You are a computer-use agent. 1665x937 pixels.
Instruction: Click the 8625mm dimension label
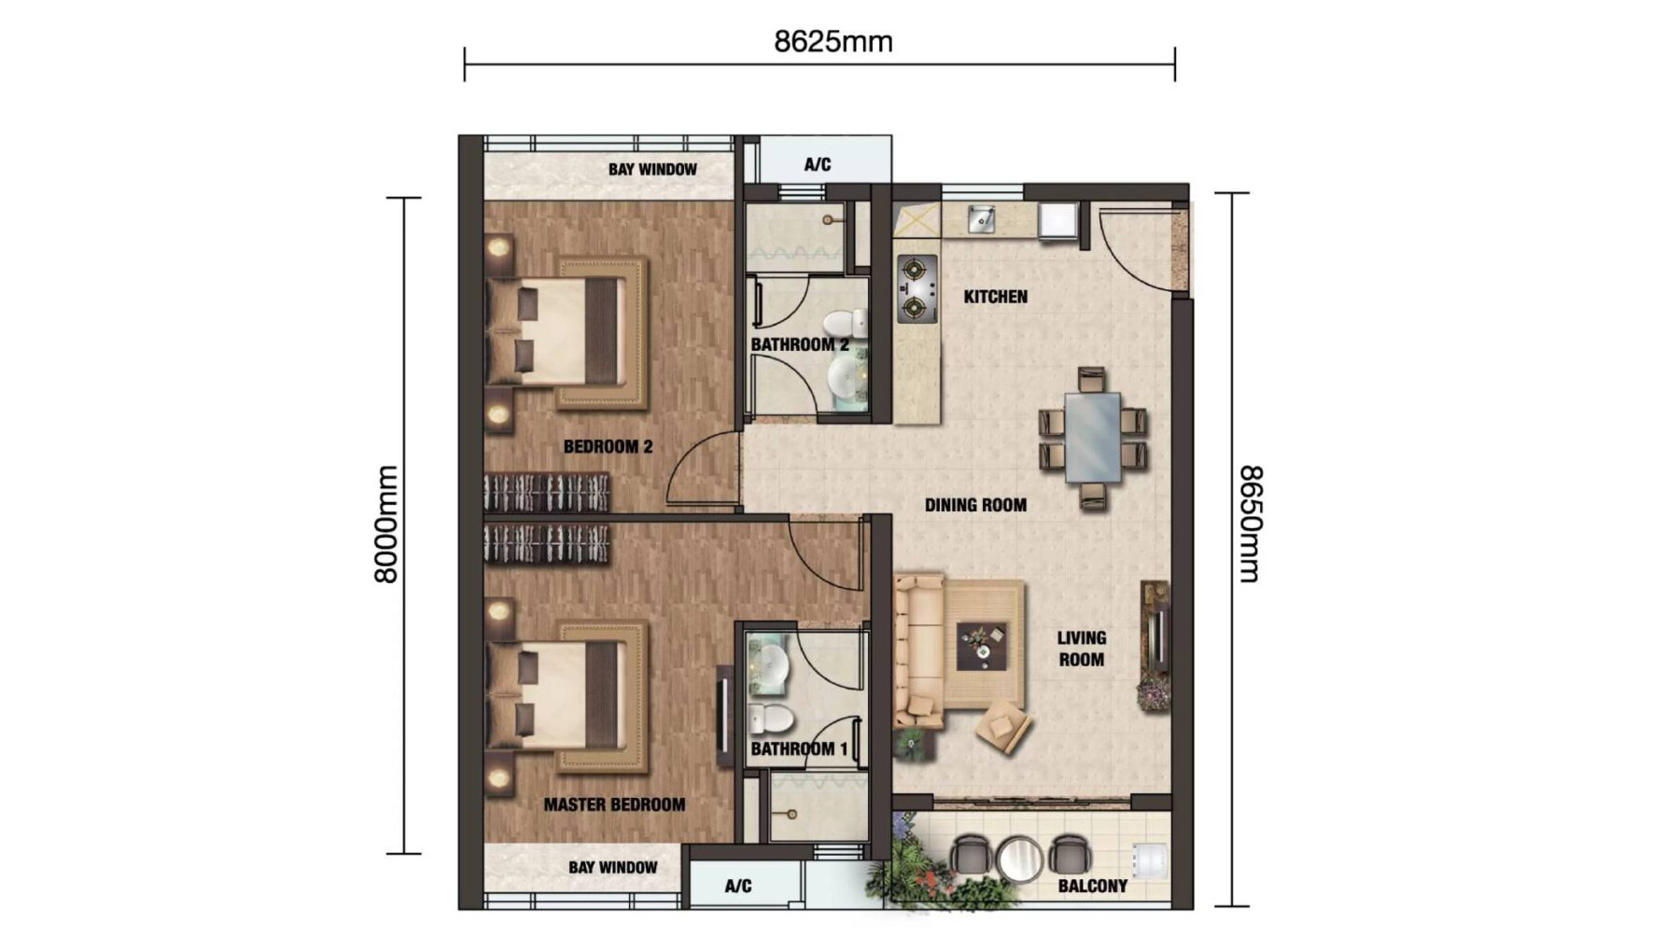pyautogui.click(x=832, y=42)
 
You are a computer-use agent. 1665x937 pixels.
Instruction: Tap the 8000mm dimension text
pyautogui.click(x=385, y=524)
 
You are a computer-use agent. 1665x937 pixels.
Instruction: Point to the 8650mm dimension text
pyautogui.click(x=1250, y=524)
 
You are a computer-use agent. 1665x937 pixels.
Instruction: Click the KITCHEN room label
pyautogui.click(x=995, y=297)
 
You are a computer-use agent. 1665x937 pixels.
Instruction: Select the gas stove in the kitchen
pyautogui.click(x=916, y=288)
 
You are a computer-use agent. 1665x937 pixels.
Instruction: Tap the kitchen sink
pyautogui.click(x=980, y=219)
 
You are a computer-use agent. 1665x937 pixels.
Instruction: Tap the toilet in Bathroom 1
pyautogui.click(x=771, y=720)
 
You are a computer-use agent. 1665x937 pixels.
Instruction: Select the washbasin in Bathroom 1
pyautogui.click(x=771, y=664)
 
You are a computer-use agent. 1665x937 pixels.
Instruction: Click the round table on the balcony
pyautogui.click(x=1019, y=858)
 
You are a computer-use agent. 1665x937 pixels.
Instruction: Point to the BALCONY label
pyautogui.click(x=1092, y=886)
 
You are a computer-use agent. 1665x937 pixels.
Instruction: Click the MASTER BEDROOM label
pyautogui.click(x=614, y=804)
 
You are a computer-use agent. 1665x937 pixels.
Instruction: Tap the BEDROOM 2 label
pyautogui.click(x=608, y=447)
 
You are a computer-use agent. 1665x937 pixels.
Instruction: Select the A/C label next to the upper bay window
pyautogui.click(x=817, y=165)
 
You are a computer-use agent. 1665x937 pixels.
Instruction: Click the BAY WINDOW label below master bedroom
pyautogui.click(x=612, y=868)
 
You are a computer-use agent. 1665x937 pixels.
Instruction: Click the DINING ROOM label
pyautogui.click(x=975, y=505)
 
